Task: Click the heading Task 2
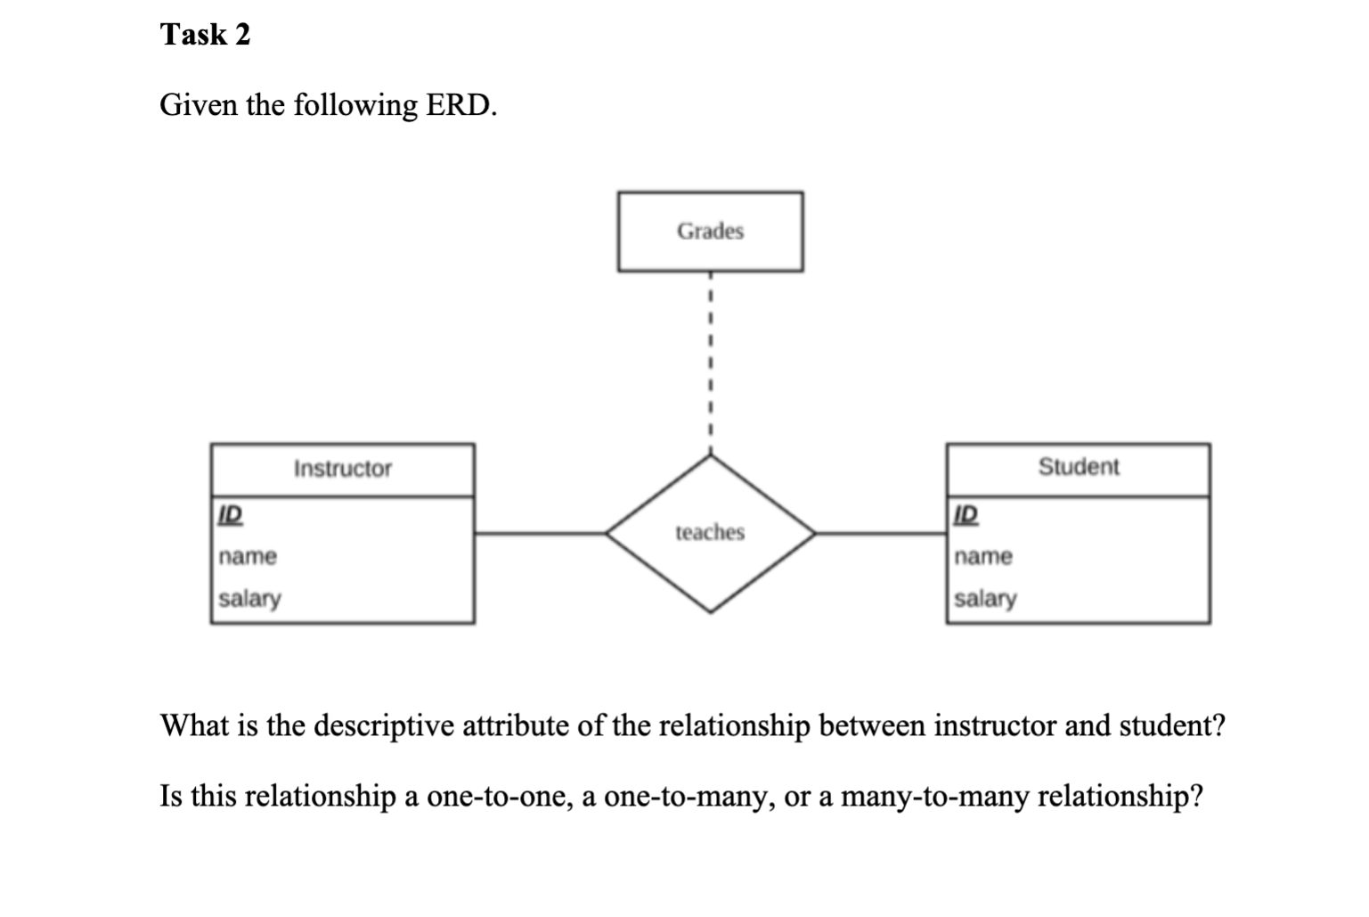[x=205, y=35]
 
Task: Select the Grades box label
[x=710, y=232]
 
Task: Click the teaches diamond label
[x=710, y=533]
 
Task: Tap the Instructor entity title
[x=343, y=469]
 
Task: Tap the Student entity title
[x=1078, y=467]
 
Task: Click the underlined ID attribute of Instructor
[x=230, y=514]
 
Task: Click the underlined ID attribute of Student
[x=966, y=514]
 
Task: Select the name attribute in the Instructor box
[x=248, y=557]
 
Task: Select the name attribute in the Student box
[x=983, y=557]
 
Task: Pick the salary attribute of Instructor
[x=249, y=599]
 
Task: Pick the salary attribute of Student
[x=985, y=599]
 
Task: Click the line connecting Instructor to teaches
[x=539, y=534]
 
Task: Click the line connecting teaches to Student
[x=880, y=534]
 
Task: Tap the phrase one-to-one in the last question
[x=498, y=796]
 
